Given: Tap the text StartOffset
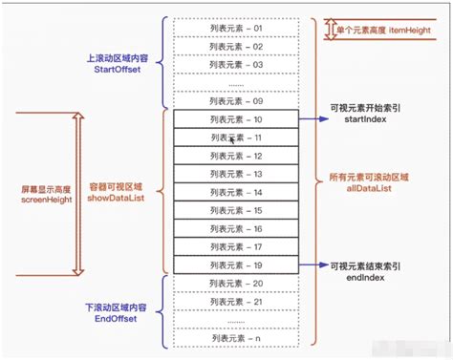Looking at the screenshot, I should tap(116, 69).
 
